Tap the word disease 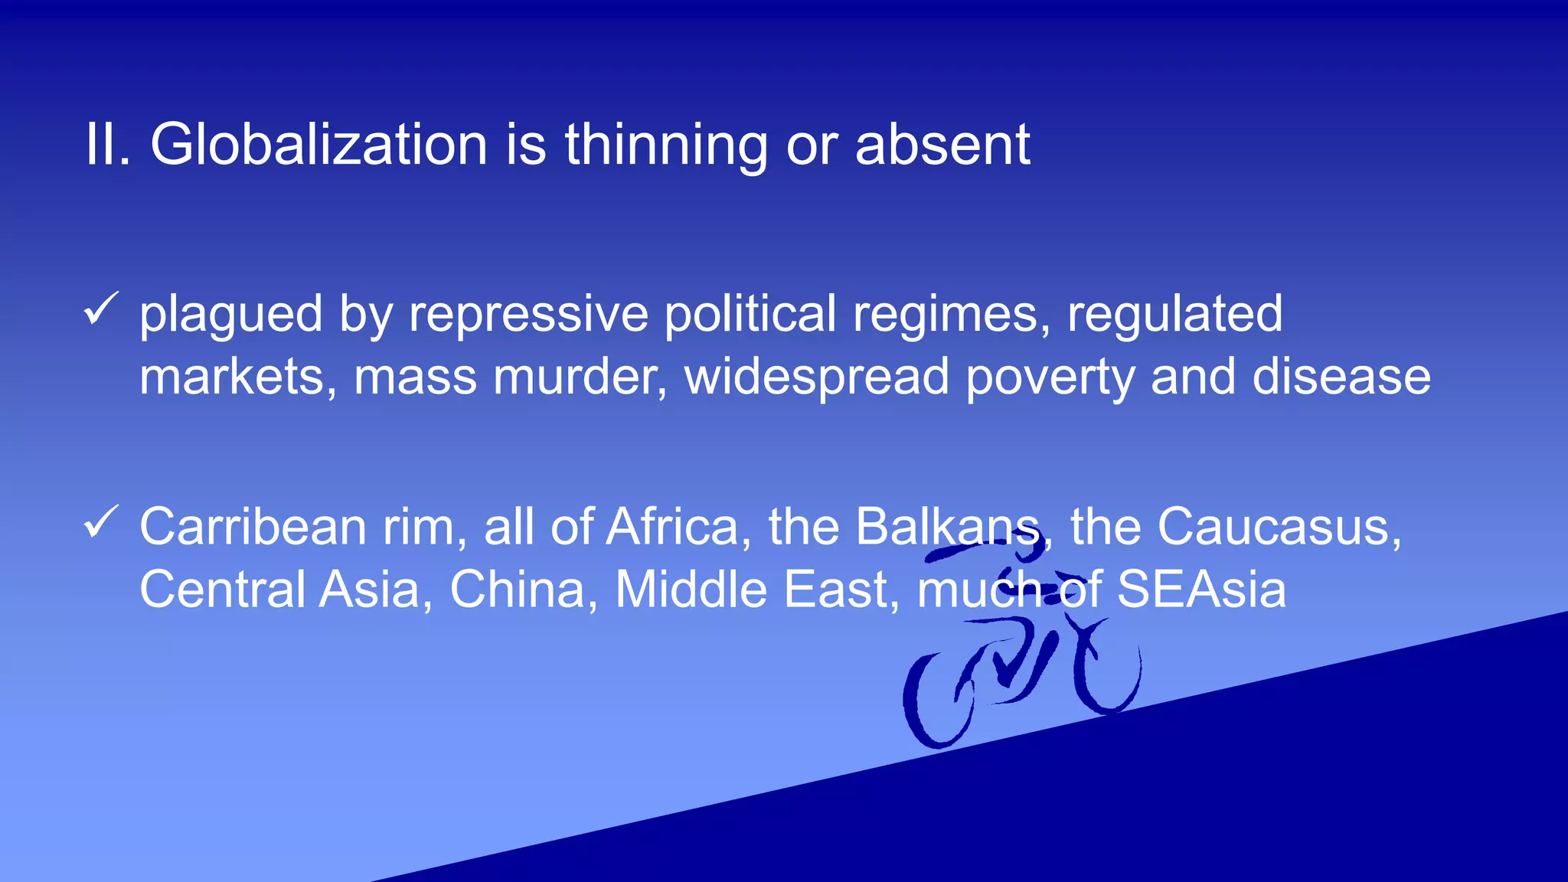point(1341,377)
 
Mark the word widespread point(816,377)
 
